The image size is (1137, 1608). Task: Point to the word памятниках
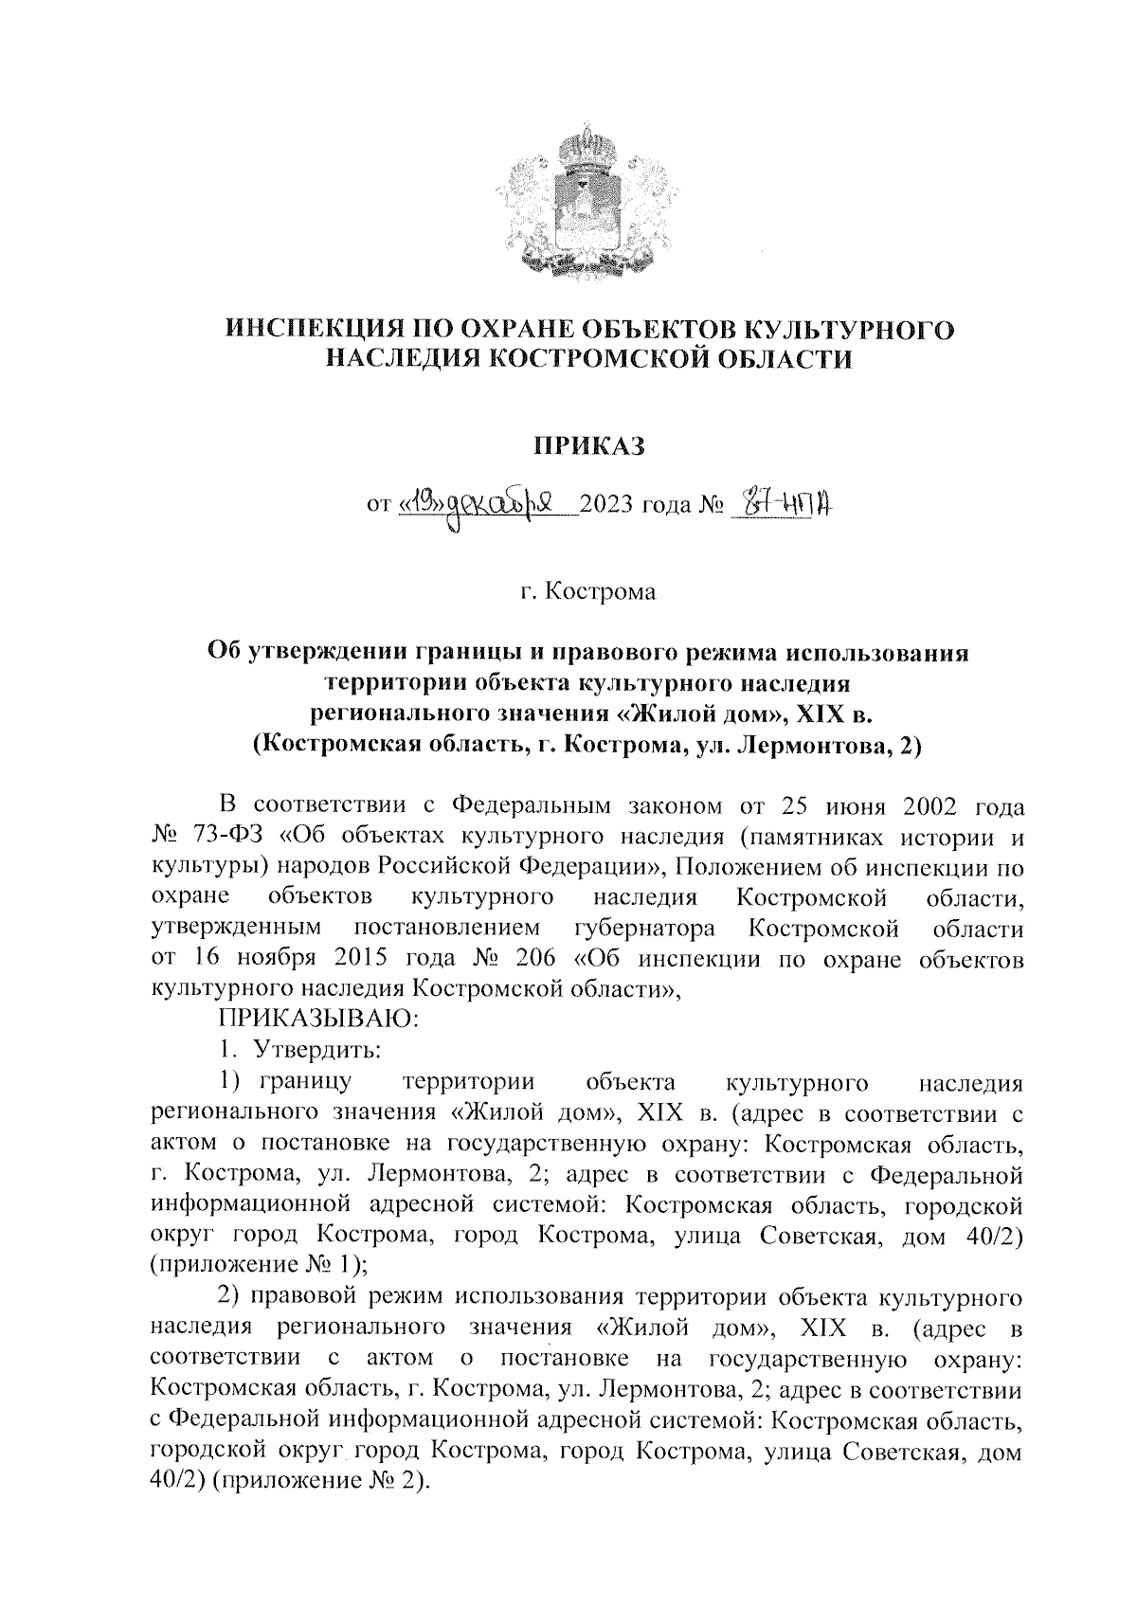click(x=819, y=837)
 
